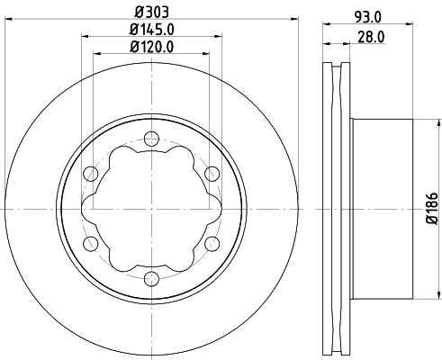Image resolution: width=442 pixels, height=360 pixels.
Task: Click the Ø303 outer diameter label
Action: [149, 13]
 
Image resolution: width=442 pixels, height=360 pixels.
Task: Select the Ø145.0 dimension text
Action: [150, 30]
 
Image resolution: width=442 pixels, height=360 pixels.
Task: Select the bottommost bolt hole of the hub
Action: [149, 279]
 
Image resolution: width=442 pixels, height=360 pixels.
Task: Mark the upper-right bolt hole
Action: [211, 174]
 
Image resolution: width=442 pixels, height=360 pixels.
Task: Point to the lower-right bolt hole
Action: [211, 244]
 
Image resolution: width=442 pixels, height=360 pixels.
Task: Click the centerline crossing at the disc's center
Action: [149, 209]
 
